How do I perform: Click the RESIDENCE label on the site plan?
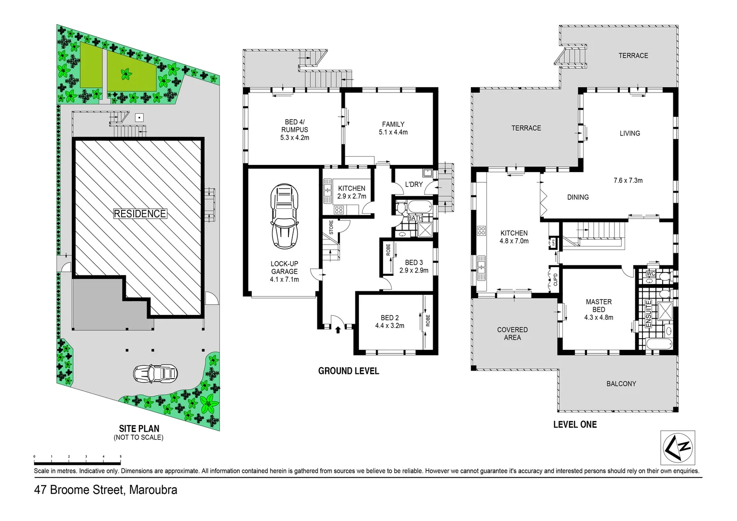click(140, 214)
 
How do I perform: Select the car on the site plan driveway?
click(155, 373)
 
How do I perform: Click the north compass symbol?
click(677, 448)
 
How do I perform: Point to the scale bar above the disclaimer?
click(77, 456)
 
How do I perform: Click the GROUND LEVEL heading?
click(348, 371)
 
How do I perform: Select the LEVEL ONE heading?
click(574, 425)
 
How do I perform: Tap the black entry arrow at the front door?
click(338, 329)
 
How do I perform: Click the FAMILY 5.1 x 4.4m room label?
click(393, 128)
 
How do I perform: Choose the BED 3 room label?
click(414, 266)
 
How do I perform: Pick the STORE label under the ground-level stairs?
click(331, 227)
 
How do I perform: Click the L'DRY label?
click(413, 184)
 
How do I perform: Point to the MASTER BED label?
click(599, 305)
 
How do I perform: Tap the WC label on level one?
click(651, 274)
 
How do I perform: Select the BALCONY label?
click(621, 384)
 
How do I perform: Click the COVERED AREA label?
click(512, 333)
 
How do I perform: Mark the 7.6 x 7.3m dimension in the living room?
click(628, 180)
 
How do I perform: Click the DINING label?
click(578, 197)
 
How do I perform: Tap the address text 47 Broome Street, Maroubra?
click(106, 490)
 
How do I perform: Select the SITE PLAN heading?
click(139, 428)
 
